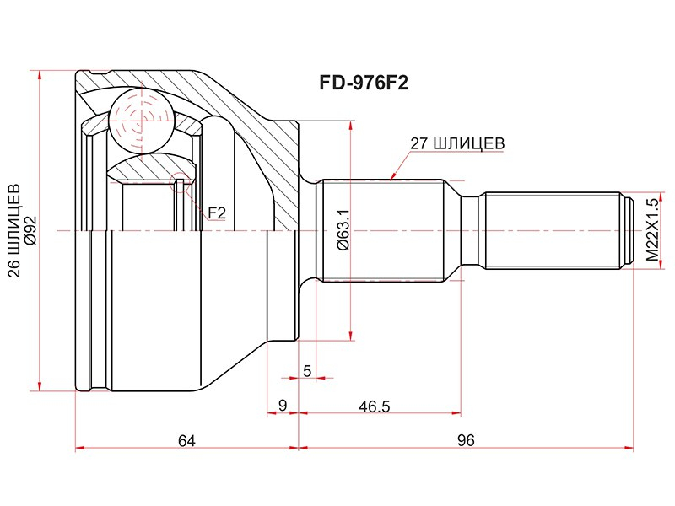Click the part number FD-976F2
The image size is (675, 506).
coord(364,83)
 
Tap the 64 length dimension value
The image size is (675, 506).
coord(186,440)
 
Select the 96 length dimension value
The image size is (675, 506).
coord(466,440)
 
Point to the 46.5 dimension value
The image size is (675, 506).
coord(375,406)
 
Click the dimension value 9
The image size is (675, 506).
coord(283,406)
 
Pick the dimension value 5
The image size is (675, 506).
coord(307,371)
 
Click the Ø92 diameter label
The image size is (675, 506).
coord(31,230)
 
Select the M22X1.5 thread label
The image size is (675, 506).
coord(652,230)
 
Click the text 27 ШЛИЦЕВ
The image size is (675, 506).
coord(457,143)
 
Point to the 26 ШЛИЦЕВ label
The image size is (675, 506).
coord(14,230)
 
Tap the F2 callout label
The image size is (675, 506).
coord(217,213)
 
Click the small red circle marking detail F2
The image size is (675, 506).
coord(180,183)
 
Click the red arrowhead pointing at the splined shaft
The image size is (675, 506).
coord(393,175)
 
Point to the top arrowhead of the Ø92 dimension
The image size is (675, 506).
coord(40,76)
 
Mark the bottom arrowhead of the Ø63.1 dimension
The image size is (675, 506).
coord(351,335)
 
